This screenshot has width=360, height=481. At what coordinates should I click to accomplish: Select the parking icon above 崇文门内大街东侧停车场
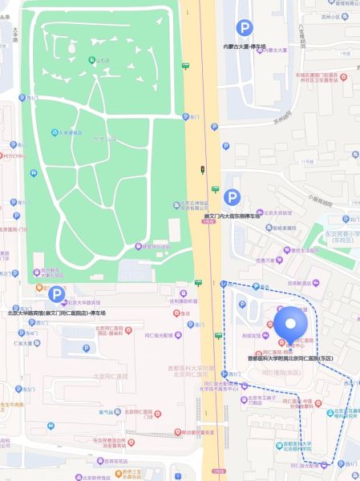[232, 196]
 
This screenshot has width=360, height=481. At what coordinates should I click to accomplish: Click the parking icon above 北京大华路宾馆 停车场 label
[56, 295]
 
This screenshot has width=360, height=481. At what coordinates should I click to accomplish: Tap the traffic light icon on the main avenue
[202, 170]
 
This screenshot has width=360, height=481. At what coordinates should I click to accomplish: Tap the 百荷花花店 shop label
[115, 461]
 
